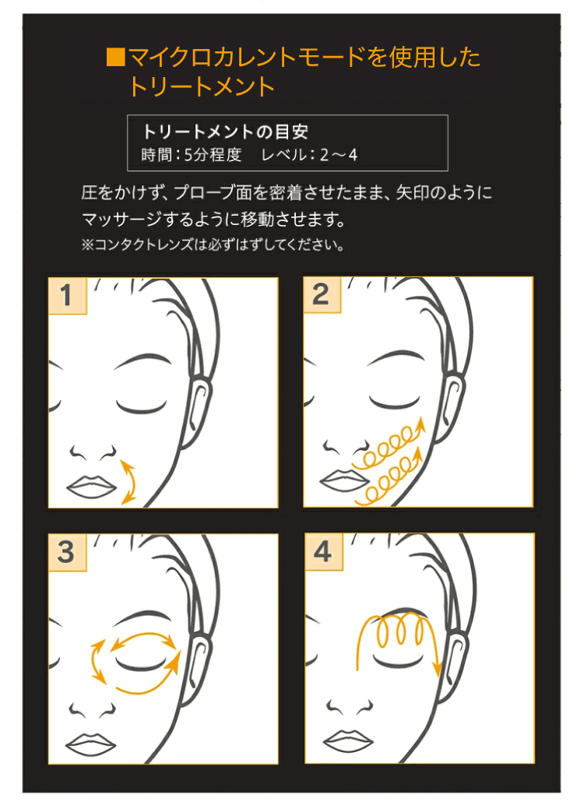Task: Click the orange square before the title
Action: coord(115,57)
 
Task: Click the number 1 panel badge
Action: coord(65,296)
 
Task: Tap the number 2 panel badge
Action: coord(321,295)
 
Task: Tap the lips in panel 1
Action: coord(92,484)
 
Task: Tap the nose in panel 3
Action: coord(93,708)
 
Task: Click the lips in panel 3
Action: coord(92,741)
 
